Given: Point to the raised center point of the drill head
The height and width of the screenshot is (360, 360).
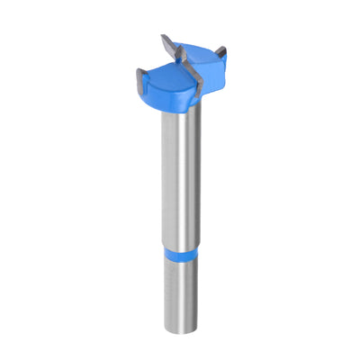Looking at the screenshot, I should (x=183, y=59).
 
